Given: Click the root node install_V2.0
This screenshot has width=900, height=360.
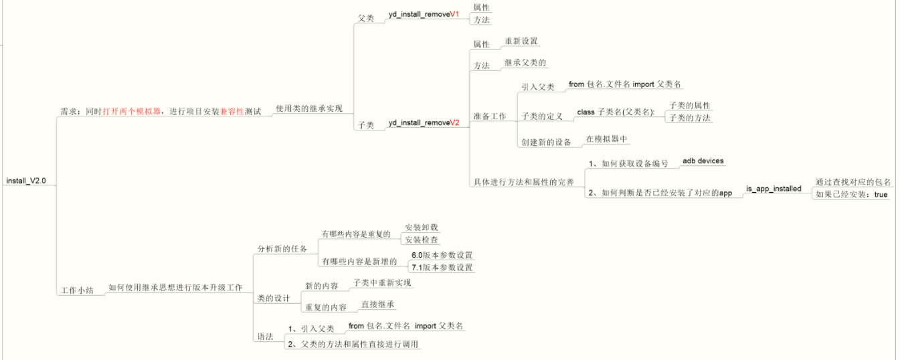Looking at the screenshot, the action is coord(26,181).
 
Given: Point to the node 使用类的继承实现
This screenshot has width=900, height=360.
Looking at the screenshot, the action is coord(308,108).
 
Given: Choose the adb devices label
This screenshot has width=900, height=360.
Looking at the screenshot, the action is coord(703,161).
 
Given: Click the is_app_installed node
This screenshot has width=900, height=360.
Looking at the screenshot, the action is coord(773,189).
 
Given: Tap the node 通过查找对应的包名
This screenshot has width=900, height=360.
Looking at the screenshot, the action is coord(853,182).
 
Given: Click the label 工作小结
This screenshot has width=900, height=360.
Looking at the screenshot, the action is coord(78,290).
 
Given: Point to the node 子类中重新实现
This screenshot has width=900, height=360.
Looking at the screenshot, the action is coord(382,282).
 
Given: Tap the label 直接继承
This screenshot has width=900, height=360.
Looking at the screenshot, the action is coord(378,304).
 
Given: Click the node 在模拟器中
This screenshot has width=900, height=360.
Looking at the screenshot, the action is coord(606,139).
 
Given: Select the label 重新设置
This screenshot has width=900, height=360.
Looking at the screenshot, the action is coord(521,41).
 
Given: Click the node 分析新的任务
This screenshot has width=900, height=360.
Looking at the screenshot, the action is coord(282,248).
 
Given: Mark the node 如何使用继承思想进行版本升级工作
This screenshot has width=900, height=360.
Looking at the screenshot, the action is coord(175,287).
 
